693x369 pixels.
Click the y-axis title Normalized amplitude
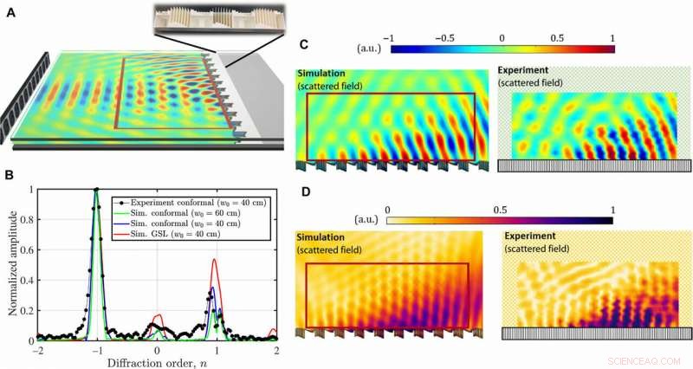tap(10, 262)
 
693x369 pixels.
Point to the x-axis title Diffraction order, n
tap(157, 362)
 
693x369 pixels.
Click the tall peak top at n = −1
tap(97, 190)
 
